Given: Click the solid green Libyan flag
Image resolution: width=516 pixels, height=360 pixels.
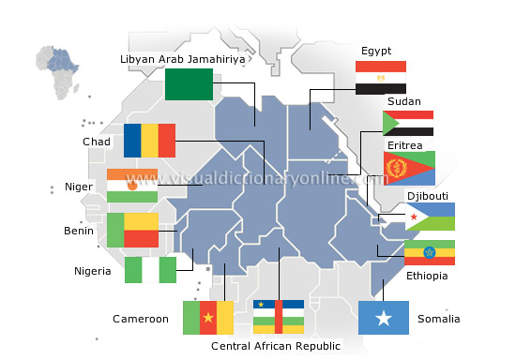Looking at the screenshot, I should coord(189,84).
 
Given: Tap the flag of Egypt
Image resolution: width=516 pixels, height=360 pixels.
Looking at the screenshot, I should coord(380,77).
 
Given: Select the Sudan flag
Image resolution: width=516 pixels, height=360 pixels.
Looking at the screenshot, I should coord(407,124).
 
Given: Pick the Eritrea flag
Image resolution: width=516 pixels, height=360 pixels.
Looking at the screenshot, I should coord(409,168).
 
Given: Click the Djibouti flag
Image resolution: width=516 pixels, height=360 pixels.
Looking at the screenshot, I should coord(430,217).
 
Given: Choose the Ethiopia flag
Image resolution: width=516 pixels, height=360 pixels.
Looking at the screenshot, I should coord(430,252).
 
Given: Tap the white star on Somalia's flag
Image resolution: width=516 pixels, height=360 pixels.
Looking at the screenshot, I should coord(383,319).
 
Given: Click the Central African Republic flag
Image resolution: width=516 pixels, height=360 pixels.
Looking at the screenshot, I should coord(278,317).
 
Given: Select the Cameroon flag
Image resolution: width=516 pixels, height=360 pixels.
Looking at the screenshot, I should coord(208,318).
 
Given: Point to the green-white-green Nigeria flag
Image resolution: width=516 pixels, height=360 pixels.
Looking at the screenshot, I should coord(150,269).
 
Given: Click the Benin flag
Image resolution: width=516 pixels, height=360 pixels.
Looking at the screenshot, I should coord(132,230).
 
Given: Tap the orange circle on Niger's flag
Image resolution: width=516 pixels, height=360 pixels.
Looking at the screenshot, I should coord(132,186).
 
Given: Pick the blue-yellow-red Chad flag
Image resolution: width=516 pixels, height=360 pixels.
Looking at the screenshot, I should coord(149,141).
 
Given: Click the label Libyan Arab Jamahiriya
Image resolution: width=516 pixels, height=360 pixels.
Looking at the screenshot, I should coord(183,59).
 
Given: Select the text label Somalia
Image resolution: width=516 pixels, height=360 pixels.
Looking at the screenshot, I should coord(438,319).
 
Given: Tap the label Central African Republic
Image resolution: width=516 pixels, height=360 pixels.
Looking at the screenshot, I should coord(276,346).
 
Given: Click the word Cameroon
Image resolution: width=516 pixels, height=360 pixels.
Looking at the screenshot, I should coord(141,319).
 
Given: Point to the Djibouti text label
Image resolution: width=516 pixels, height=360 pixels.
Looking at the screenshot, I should coord(428,195).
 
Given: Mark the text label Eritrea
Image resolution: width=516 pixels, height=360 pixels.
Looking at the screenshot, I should coord(405,145).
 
